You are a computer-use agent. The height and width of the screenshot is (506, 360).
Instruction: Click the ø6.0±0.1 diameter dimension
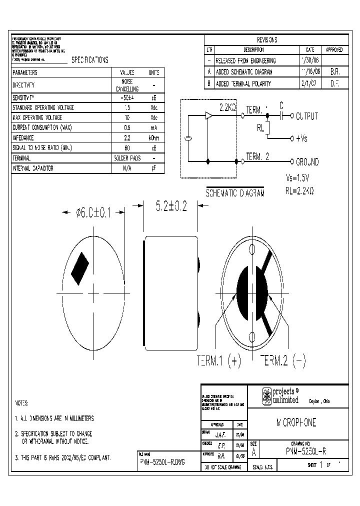(94, 213)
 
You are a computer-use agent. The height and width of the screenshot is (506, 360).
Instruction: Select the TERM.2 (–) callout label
(282, 361)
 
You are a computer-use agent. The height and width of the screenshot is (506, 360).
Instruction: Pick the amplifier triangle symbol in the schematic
(208, 116)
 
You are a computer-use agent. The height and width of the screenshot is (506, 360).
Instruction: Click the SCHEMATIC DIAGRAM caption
(235, 193)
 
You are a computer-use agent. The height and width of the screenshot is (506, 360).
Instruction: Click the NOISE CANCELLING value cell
(126, 85)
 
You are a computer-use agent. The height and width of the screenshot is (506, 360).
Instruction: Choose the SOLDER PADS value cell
(126, 158)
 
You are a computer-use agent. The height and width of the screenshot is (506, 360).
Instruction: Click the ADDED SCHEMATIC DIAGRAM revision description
(243, 72)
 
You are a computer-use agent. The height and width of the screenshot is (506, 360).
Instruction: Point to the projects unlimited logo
(280, 395)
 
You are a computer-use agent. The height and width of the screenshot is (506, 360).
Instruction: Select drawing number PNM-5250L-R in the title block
(303, 451)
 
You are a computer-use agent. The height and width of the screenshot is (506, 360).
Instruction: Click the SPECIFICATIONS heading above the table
(89, 60)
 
